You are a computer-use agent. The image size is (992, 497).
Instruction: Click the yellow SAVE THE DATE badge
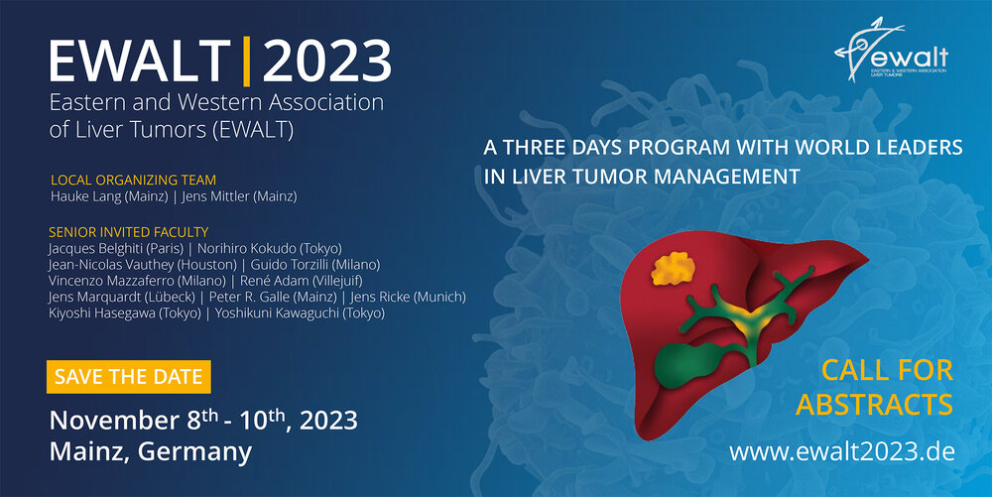[128, 377]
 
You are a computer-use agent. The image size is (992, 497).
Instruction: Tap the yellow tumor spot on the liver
[673, 268]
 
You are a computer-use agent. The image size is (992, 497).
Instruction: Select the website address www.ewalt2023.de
[842, 451]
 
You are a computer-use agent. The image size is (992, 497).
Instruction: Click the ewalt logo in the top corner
[891, 50]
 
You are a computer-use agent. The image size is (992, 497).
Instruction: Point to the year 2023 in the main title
[327, 62]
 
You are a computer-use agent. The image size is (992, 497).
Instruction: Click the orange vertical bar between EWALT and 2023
[247, 62]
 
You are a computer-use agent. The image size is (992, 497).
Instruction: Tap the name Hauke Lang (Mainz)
[109, 196]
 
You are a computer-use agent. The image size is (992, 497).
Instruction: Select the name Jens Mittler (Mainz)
[239, 196]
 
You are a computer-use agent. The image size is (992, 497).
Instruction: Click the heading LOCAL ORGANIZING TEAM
[134, 181]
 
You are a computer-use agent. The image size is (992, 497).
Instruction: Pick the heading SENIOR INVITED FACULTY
[128, 232]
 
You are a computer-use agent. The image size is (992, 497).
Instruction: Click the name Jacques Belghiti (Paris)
[116, 248]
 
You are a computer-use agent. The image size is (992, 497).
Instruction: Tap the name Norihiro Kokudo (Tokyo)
[270, 248]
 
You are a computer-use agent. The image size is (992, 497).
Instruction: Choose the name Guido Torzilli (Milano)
[315, 264]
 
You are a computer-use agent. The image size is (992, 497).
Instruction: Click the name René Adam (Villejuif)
[302, 281]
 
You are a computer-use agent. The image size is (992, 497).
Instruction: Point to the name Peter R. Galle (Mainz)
[273, 298]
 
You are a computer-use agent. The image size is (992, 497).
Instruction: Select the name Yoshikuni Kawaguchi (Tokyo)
[300, 313]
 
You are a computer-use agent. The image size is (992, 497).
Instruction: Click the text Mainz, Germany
[151, 452]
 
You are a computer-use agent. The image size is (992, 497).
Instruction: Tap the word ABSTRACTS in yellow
[874, 405]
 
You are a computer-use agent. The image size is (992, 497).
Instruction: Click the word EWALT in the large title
[140, 62]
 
